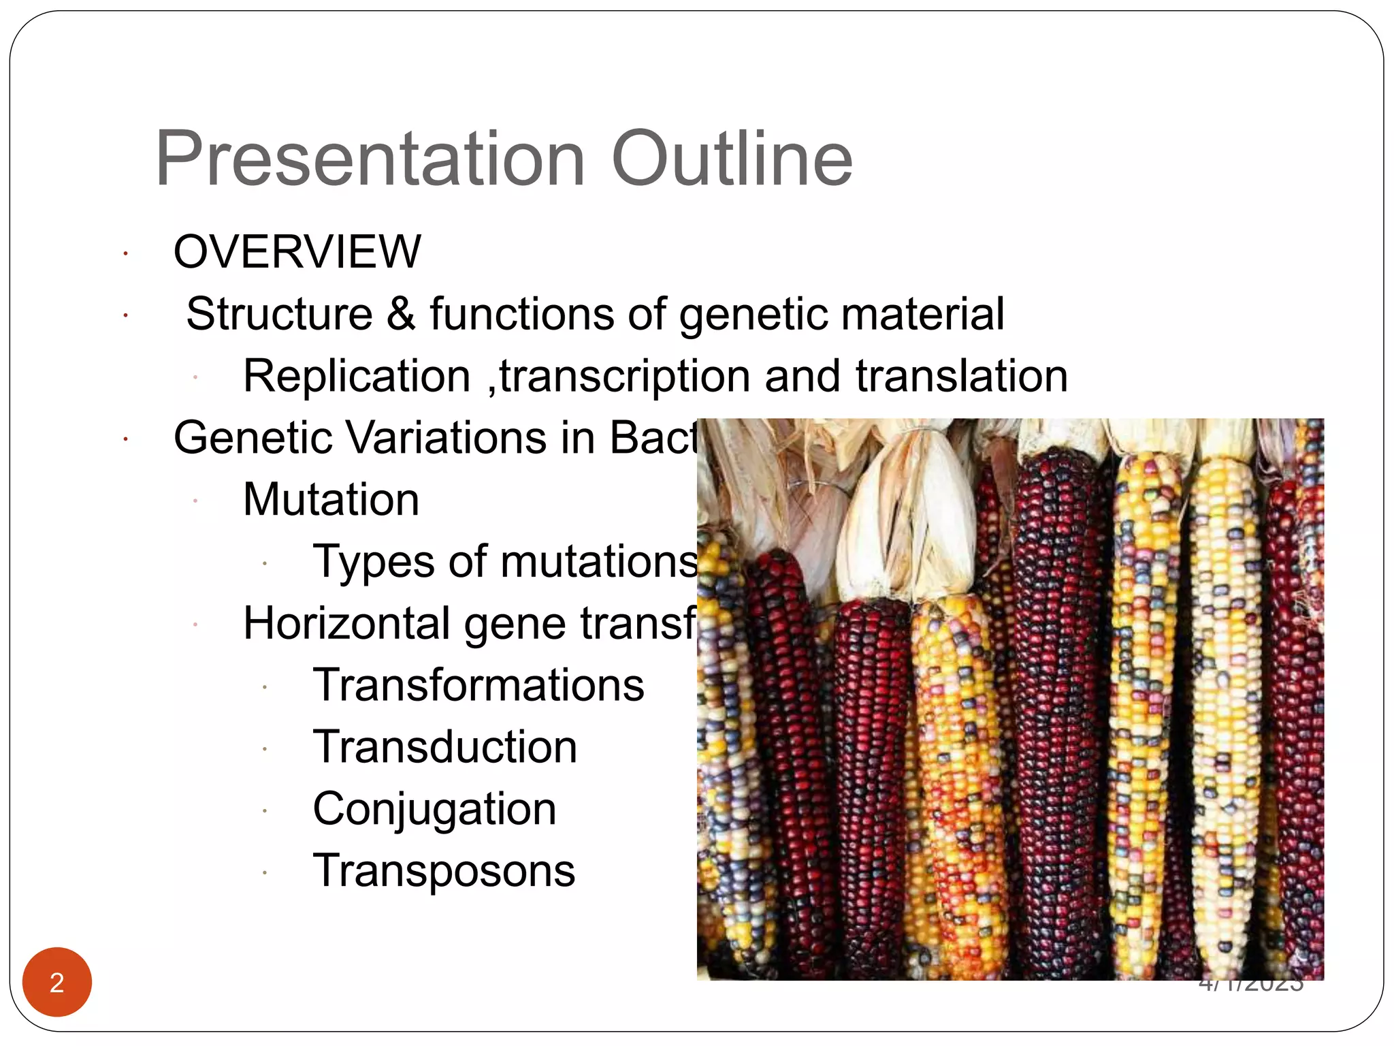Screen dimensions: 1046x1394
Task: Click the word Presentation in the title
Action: click(370, 159)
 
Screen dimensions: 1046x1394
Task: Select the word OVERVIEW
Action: click(297, 252)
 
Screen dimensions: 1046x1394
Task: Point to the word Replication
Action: click(357, 376)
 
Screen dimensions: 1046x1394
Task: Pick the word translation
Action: click(961, 376)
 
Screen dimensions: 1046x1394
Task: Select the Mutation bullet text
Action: click(331, 499)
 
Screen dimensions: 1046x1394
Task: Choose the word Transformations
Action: click(478, 685)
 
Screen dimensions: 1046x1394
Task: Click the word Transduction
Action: click(444, 747)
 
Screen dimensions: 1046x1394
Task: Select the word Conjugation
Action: click(434, 810)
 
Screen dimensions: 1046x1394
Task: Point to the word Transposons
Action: click(443, 871)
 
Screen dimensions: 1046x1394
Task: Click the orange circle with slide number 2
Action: click(57, 982)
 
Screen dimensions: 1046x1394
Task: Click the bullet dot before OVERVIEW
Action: click(126, 255)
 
